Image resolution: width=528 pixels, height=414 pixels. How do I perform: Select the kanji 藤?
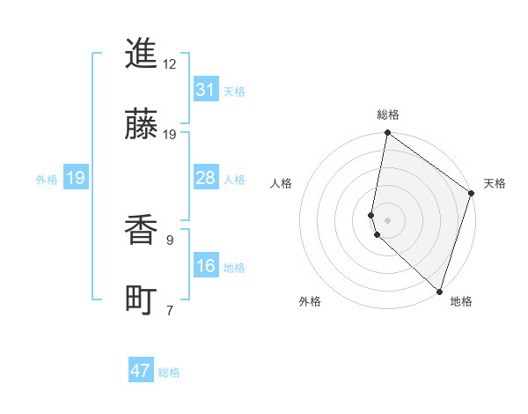point(141,124)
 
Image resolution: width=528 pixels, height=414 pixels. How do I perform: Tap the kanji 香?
point(141,231)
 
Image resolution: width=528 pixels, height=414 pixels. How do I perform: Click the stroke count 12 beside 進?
point(170,63)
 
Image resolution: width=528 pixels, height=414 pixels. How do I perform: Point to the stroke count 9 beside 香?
point(169,240)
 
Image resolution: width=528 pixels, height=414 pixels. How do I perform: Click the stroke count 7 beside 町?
point(169,310)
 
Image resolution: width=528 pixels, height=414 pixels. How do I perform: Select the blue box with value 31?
point(205,90)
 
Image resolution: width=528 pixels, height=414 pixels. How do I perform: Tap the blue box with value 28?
point(205,178)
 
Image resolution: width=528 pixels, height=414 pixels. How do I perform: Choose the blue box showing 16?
point(205,266)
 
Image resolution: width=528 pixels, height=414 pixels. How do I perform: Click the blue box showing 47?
point(141,371)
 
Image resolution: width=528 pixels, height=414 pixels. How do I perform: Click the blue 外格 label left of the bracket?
point(47,179)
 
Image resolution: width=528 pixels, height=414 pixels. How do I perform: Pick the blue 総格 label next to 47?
point(169,373)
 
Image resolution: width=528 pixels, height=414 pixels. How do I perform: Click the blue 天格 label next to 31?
point(234,91)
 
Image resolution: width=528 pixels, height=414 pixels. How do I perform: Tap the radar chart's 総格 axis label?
point(388,115)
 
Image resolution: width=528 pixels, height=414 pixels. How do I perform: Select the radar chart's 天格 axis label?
point(495,183)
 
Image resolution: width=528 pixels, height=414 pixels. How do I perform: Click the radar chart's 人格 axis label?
point(282,183)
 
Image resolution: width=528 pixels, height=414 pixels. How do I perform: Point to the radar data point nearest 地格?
point(439,291)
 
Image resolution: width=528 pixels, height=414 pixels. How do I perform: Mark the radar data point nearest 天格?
point(472,194)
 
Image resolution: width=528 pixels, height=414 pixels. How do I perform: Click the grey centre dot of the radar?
point(387,219)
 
